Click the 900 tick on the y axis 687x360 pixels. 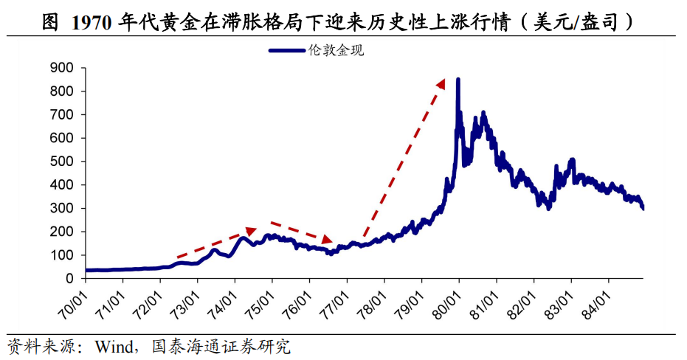[61, 68]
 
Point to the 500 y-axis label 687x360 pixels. [61, 162]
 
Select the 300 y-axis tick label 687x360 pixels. [61, 209]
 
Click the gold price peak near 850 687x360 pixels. [458, 80]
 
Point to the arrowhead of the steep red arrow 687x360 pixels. [441, 83]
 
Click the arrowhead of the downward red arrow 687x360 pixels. [328, 240]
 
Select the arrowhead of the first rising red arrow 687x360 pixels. [250, 232]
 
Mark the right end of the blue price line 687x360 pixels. [643, 208]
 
